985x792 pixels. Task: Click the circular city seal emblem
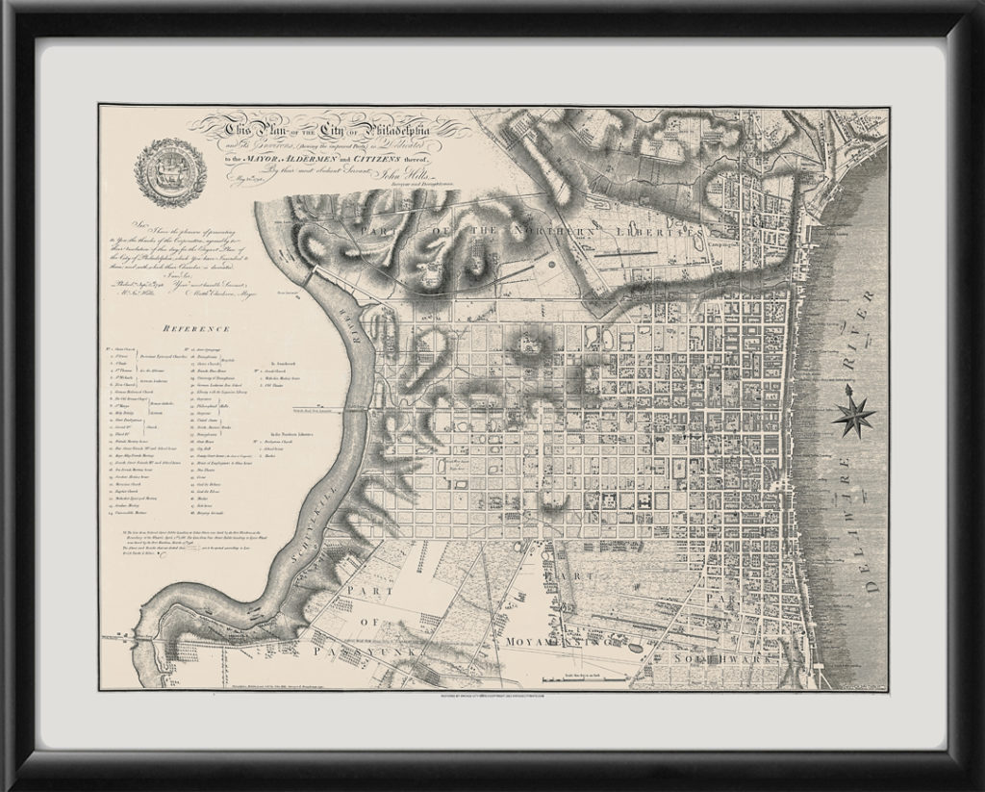170,172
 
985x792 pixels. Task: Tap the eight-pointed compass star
854,414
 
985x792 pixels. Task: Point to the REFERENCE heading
193,327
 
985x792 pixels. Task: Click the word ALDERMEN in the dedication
308,157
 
